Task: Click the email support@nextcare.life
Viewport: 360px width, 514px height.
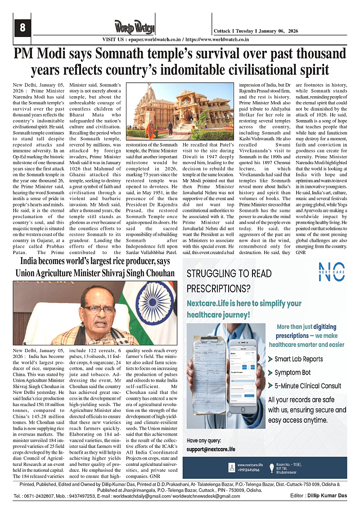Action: pyautogui.click(x=211, y=449)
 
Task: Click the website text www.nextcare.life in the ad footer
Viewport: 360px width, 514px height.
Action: pyautogui.click(x=250, y=465)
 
